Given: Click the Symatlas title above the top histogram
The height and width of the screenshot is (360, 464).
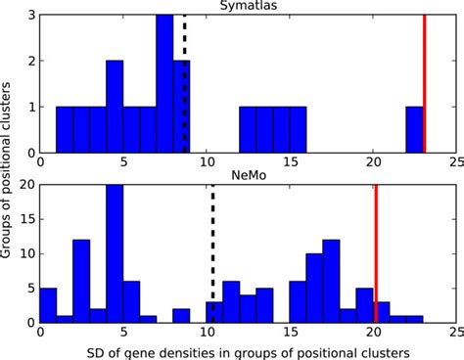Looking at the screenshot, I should tap(248, 7).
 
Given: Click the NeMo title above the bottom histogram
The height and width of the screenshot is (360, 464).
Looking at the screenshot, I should tap(248, 176).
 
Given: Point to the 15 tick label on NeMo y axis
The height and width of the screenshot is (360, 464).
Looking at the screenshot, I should tap(29, 219).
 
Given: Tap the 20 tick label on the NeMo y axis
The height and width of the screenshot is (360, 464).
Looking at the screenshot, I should tap(29, 185).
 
